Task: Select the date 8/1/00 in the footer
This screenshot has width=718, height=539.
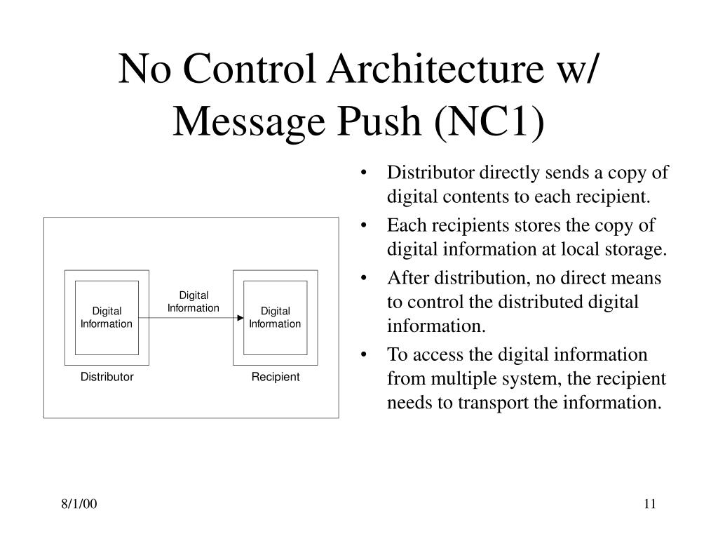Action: coord(78,505)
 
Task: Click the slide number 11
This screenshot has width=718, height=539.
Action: coord(649,505)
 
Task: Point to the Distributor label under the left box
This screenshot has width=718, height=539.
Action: coord(107,377)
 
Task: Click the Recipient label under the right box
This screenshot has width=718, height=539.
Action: coord(276,377)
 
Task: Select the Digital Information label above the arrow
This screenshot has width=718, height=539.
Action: coord(194,302)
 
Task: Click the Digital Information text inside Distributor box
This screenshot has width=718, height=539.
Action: coord(107,317)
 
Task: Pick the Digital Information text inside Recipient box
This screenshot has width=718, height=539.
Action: coord(275,317)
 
